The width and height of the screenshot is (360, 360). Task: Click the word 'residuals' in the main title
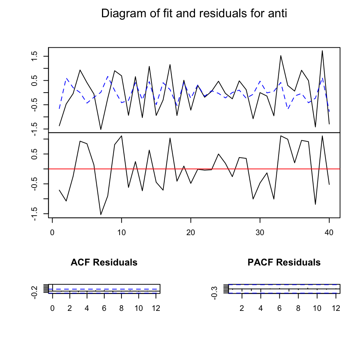(229, 14)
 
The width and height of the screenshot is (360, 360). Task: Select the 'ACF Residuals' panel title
(104, 262)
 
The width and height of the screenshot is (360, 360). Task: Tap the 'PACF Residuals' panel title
(284, 262)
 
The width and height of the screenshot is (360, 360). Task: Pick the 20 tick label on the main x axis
(190, 232)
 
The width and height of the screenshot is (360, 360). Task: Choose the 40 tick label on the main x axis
(329, 232)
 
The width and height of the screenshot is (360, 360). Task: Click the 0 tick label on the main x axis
(52, 232)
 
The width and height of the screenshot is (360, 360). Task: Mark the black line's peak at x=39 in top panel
(322, 51)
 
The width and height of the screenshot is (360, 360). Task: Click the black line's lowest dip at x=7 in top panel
(100, 130)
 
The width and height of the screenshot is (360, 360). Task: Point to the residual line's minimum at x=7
(100, 215)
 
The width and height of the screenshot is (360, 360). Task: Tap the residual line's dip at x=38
(315, 204)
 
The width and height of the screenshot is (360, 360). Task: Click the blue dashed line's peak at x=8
(108, 76)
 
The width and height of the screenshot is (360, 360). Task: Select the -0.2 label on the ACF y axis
(34, 292)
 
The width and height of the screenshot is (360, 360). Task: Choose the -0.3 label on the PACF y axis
(214, 292)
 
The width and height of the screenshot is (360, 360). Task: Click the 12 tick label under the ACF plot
(156, 308)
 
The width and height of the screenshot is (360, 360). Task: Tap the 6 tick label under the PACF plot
(279, 308)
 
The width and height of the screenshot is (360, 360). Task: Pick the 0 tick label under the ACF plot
(52, 308)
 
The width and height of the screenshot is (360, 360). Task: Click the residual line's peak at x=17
(170, 138)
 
